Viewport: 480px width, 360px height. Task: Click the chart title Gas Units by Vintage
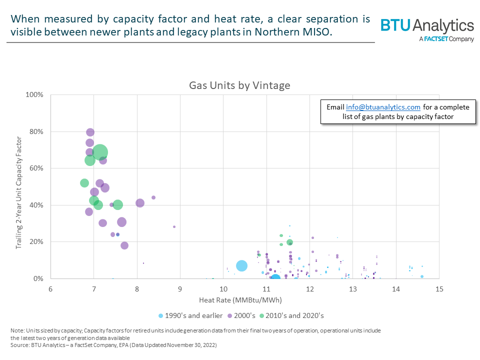coord(239,85)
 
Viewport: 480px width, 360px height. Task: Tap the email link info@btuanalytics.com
coord(383,107)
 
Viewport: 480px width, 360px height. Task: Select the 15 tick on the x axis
coord(439,289)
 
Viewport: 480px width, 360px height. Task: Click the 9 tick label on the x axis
coord(180,289)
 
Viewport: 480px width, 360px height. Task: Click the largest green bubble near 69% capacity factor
coord(100,152)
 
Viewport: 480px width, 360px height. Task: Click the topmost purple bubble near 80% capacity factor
coord(90,132)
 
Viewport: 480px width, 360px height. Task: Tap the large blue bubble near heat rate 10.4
coord(242,266)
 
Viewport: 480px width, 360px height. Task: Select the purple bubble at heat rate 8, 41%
coord(140,203)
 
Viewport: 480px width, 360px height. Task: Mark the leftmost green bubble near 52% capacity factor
coord(84,183)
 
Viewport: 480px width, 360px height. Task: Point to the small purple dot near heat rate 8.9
coord(174,226)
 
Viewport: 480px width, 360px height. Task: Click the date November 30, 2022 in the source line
coord(191,345)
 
